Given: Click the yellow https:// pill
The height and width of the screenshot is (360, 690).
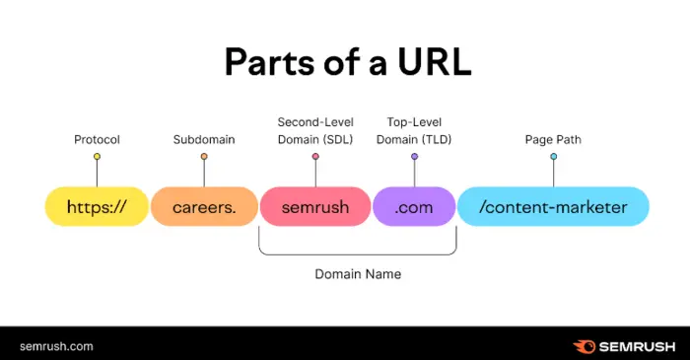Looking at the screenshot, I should pyautogui.click(x=97, y=207).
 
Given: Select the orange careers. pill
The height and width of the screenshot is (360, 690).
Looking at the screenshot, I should pyautogui.click(x=204, y=207).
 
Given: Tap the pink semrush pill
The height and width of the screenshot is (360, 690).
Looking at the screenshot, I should pyautogui.click(x=315, y=207).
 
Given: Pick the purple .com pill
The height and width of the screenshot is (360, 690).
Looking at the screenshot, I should pyautogui.click(x=415, y=207).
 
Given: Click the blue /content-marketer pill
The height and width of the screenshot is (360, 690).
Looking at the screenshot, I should pyautogui.click(x=553, y=207).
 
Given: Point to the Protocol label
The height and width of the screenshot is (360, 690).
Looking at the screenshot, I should pyautogui.click(x=97, y=139).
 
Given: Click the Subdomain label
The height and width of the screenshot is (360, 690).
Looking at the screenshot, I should pyautogui.click(x=204, y=139).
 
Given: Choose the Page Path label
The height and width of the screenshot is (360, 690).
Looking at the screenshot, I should pyautogui.click(x=553, y=139).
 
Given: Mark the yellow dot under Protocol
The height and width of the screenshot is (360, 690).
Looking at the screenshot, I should pyautogui.click(x=97, y=157).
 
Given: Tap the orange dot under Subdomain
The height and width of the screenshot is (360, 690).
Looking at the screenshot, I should pyautogui.click(x=204, y=157).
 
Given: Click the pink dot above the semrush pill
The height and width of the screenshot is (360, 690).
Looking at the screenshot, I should pyautogui.click(x=315, y=157).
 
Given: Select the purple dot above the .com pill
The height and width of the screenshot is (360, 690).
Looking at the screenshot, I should pyautogui.click(x=415, y=157).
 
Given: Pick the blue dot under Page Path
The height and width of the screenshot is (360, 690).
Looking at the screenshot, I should pyautogui.click(x=553, y=157).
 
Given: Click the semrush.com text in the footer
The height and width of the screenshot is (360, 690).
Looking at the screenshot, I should pyautogui.click(x=55, y=345).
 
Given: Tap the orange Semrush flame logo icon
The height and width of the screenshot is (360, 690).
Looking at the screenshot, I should pyautogui.click(x=583, y=345).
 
